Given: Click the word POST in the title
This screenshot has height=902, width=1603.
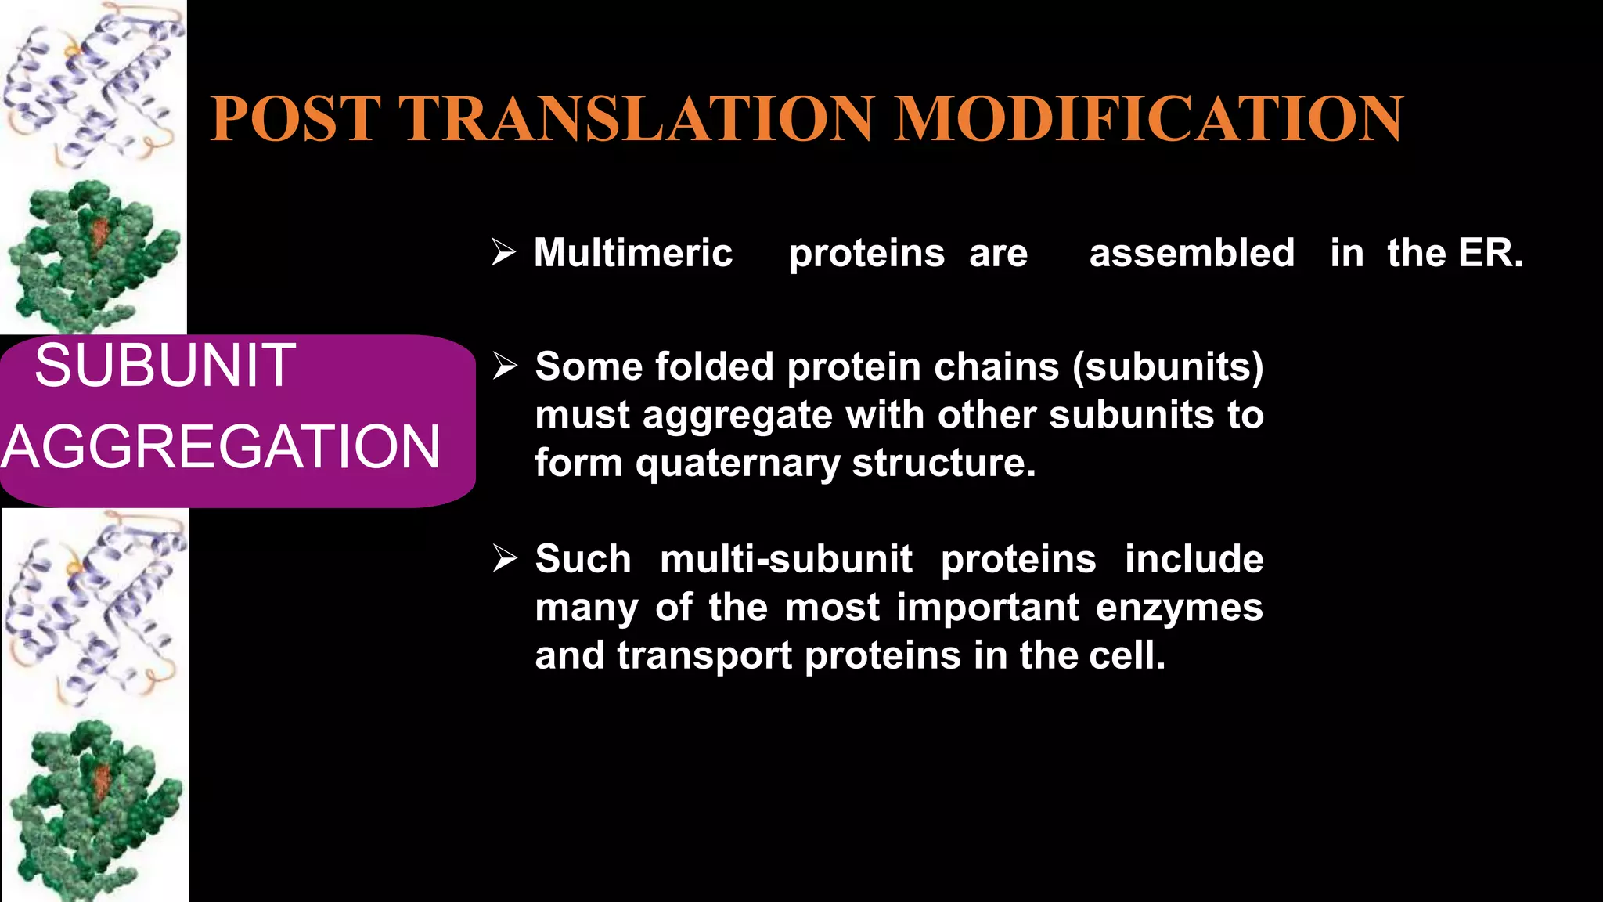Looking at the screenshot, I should tap(295, 119).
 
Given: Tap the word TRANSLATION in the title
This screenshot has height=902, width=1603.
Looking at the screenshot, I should tap(636, 119).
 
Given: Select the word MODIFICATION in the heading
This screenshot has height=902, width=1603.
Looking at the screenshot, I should tap(1148, 119).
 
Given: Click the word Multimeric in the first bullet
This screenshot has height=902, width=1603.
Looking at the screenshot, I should tap(632, 254).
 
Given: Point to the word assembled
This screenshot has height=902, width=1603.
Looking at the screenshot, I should tap(1191, 254).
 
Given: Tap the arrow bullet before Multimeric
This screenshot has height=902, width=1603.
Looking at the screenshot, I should tap(503, 252).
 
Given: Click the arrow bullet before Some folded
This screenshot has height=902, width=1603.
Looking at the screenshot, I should tap(505, 366).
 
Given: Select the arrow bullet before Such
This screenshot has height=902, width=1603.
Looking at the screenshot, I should tap(505, 558).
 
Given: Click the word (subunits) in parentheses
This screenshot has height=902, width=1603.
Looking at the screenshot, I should tap(1168, 367).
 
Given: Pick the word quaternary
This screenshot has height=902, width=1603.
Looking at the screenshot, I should tap(737, 464).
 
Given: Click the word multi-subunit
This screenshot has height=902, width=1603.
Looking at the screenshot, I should tap(785, 560).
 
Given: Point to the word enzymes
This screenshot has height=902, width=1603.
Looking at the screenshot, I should tap(1179, 608).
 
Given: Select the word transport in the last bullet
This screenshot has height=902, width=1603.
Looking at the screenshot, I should tap(704, 656).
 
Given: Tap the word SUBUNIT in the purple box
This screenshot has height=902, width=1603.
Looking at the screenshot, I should tap(165, 366).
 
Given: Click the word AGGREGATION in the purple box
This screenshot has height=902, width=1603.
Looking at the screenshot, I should tap(221, 447).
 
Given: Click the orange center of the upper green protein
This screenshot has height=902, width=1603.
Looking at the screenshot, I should tap(99, 234).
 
